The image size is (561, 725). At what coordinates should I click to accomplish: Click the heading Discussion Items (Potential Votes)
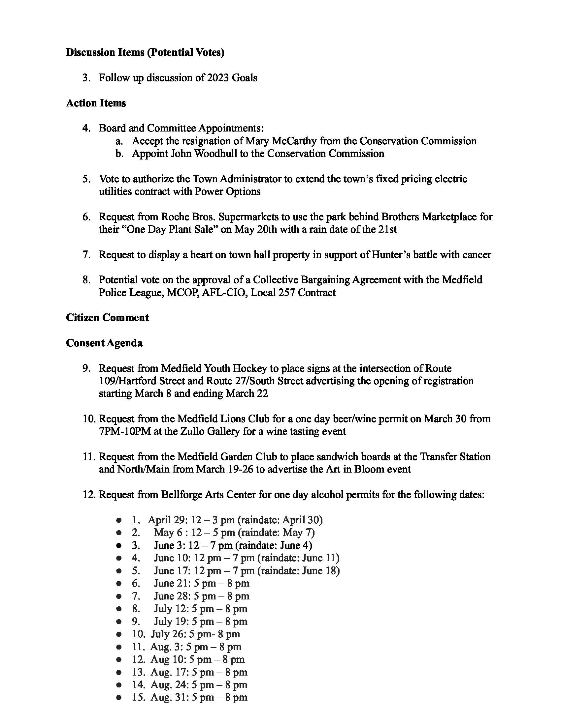pyautogui.click(x=145, y=52)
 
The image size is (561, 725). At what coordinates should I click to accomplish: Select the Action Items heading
pyautogui.click(x=96, y=103)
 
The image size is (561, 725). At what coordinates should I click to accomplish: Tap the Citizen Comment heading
pyautogui.click(x=107, y=318)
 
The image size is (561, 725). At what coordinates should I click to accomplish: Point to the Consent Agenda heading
pyautogui.click(x=104, y=343)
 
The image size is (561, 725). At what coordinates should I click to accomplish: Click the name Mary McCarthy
pyautogui.click(x=281, y=141)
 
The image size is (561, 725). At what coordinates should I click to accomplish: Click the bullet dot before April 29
pyautogui.click(x=118, y=520)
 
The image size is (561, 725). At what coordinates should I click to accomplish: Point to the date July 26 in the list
pyautogui.click(x=169, y=634)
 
